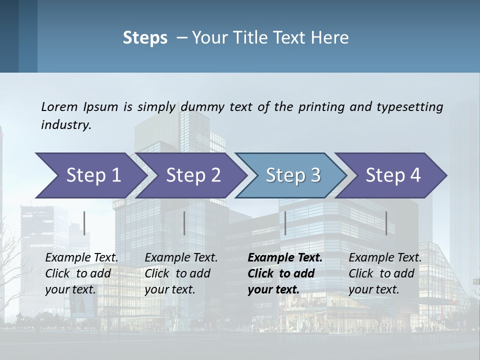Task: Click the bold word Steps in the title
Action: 145,38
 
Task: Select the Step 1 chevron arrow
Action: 90,175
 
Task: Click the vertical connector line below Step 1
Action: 84,223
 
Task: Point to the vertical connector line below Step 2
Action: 184,223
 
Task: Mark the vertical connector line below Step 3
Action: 285,223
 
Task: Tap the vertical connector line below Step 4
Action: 386,223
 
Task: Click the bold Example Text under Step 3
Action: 285,273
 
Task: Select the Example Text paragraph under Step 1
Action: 81,273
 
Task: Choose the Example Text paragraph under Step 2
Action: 181,273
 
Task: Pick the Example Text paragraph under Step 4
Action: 385,273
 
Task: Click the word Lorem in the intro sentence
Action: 59,106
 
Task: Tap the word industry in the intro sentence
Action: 66,125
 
